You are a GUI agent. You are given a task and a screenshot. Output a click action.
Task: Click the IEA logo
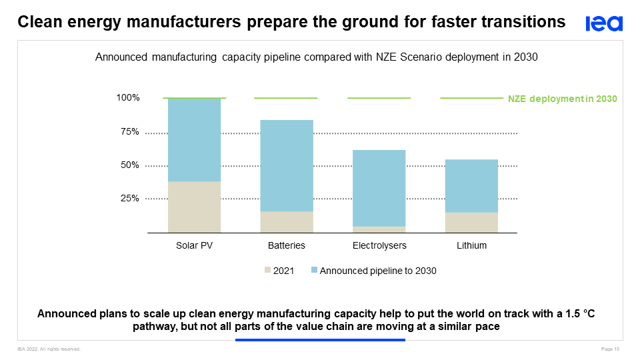pos(604,23)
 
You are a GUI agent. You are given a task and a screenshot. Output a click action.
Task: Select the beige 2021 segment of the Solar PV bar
pos(194,207)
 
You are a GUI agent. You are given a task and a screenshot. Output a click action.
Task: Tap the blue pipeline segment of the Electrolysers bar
pos(379,188)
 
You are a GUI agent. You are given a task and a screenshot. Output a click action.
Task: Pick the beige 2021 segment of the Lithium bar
pos(472,222)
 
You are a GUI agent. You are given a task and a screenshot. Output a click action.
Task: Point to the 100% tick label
pos(128,98)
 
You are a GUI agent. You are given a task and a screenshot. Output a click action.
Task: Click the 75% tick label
pos(130,132)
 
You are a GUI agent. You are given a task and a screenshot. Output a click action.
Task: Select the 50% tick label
pos(130,165)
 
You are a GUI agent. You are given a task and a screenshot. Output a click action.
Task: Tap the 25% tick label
pos(130,199)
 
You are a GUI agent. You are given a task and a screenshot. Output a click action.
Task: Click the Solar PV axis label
pos(194,245)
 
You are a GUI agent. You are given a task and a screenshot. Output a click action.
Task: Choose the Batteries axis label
pos(287,245)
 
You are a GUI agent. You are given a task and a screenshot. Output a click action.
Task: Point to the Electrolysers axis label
pos(379,245)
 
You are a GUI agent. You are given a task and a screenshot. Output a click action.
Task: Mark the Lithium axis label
pos(472,245)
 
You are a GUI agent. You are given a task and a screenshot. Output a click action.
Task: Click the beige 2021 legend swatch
pos(268,271)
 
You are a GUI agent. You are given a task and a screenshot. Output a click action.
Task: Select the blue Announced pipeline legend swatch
pos(314,271)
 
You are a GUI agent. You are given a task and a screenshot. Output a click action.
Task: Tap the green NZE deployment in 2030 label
pos(563,99)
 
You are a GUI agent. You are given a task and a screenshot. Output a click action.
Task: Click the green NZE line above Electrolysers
pos(379,98)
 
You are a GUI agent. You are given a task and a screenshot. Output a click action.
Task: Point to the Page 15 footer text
pos(611,349)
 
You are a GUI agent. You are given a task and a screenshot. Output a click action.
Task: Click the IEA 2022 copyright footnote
pos(49,349)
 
